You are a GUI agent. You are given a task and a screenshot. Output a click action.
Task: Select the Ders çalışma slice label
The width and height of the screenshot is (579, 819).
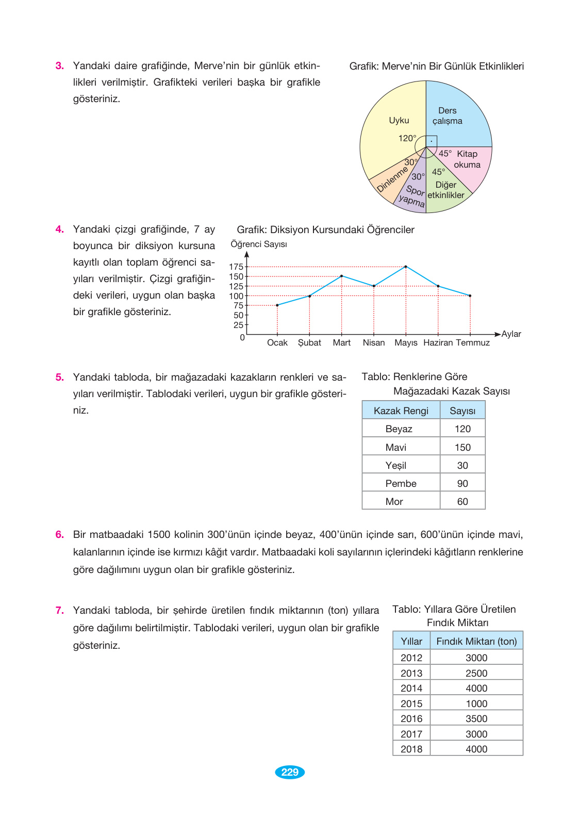pyautogui.click(x=447, y=116)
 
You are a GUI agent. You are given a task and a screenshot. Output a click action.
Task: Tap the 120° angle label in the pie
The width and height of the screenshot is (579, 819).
pyautogui.click(x=407, y=138)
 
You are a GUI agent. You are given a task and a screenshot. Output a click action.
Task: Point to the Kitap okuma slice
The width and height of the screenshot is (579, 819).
pyautogui.click(x=467, y=159)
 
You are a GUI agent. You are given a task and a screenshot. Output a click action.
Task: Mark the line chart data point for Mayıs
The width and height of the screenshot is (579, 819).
pyautogui.click(x=406, y=267)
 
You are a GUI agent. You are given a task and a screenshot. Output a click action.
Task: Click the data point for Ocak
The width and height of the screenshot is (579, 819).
pyautogui.click(x=277, y=305)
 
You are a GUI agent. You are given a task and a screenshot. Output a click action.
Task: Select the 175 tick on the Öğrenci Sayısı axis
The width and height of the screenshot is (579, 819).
pyautogui.click(x=236, y=267)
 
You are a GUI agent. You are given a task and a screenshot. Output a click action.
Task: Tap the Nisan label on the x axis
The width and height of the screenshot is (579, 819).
pyautogui.click(x=374, y=342)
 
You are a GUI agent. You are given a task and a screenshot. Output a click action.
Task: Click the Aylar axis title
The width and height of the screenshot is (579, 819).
pyautogui.click(x=511, y=334)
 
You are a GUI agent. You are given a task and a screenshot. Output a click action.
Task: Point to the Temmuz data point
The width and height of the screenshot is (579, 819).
pyautogui.click(x=470, y=296)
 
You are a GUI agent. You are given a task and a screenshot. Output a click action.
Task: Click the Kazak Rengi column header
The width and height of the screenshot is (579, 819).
pyautogui.click(x=401, y=411)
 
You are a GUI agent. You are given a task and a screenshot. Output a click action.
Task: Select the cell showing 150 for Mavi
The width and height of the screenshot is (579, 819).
pyautogui.click(x=462, y=447)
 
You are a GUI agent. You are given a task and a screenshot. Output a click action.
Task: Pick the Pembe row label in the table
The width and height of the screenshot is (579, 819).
pyautogui.click(x=401, y=483)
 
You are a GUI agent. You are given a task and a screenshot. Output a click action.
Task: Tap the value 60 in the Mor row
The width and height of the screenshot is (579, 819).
pyautogui.click(x=462, y=501)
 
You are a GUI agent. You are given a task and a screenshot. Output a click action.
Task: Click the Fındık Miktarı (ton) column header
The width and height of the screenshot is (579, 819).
pyautogui.click(x=476, y=641)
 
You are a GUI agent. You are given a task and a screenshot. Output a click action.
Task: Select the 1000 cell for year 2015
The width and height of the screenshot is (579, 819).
pyautogui.click(x=476, y=703)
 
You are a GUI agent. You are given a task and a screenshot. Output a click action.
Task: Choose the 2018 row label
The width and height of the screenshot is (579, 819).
pyautogui.click(x=411, y=749)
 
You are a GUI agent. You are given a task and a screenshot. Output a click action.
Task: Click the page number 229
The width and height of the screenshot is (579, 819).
pyautogui.click(x=290, y=772)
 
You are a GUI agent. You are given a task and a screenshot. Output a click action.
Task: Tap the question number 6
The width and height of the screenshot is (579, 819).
pyautogui.click(x=60, y=534)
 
